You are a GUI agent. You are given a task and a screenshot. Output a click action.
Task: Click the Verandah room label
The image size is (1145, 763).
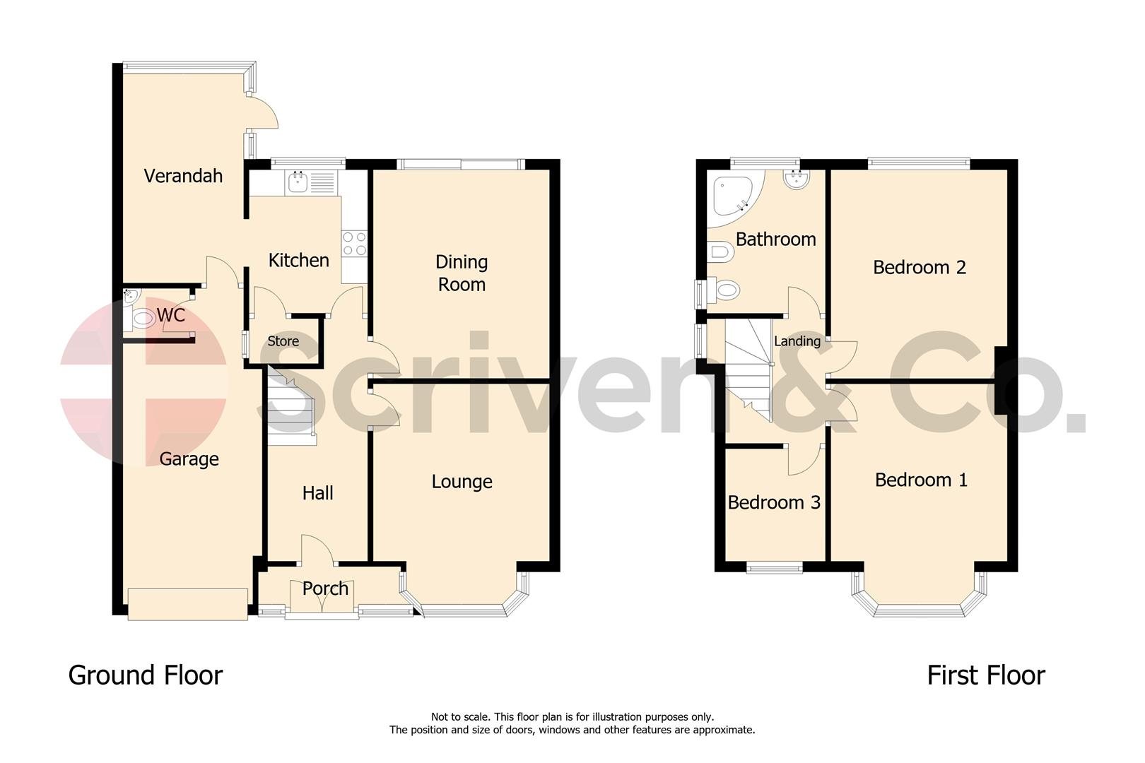[183, 176]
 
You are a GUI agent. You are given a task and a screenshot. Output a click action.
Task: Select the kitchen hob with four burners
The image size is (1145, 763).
[354, 244]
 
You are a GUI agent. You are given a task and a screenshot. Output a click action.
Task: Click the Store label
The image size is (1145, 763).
[283, 341]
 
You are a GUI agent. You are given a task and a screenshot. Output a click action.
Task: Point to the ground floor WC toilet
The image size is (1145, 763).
[143, 319]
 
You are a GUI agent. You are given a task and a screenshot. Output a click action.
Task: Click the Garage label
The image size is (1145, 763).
[189, 459]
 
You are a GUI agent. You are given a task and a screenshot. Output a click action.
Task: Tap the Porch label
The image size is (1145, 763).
[325, 588]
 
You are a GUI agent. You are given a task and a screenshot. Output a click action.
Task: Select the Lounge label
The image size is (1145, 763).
[462, 482]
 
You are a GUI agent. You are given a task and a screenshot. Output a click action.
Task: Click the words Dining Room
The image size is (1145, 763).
[462, 273]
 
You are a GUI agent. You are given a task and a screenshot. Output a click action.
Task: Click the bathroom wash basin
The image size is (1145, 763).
[797, 179]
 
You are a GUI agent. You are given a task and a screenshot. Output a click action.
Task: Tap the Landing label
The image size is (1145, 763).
[797, 341]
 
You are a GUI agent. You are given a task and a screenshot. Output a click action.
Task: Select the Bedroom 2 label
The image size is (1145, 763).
[919, 268]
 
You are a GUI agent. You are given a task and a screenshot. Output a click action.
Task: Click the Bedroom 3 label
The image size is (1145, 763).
[774, 502]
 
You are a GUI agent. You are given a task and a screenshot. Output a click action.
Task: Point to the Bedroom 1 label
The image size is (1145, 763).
[921, 480]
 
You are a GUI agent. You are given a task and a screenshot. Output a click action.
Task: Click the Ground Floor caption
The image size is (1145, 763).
[146, 675]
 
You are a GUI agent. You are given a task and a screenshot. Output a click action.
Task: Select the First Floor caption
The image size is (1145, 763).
[985, 675]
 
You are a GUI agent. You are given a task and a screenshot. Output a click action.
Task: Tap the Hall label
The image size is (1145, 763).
[317, 493]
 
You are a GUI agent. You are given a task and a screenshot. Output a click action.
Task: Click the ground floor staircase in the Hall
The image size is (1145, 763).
[290, 413]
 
